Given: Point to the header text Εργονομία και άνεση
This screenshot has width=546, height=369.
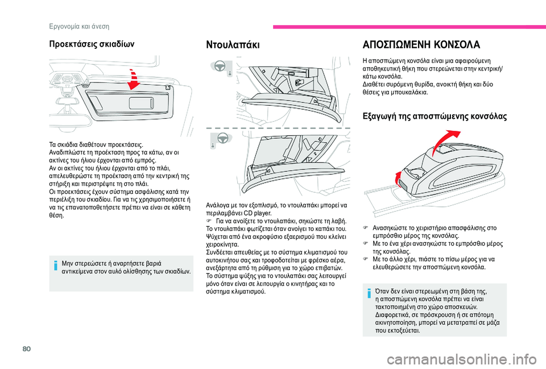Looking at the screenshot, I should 78,26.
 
